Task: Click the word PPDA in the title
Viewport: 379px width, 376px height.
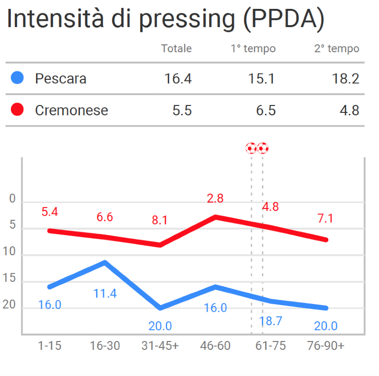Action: click(x=284, y=19)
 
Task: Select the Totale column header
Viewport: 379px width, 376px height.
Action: click(x=176, y=49)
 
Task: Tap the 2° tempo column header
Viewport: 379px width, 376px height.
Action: click(x=337, y=49)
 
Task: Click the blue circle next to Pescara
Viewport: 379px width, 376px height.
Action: click(x=17, y=78)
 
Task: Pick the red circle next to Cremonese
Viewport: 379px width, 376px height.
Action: click(x=17, y=109)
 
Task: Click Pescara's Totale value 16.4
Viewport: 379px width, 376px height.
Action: click(x=178, y=78)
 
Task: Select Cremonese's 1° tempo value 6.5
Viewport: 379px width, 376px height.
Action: click(x=266, y=110)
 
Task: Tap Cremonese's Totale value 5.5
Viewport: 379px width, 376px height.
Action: click(x=182, y=110)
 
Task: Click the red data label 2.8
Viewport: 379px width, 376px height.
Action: click(x=215, y=199)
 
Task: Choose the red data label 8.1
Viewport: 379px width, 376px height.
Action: click(x=159, y=220)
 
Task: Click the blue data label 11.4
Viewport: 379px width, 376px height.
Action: click(x=105, y=294)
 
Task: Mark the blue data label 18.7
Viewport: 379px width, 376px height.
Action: click(x=270, y=321)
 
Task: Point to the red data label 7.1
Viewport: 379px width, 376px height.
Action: click(x=325, y=218)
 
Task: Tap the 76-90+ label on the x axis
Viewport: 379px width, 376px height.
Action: click(x=325, y=345)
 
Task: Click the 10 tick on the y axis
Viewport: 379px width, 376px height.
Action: click(x=10, y=252)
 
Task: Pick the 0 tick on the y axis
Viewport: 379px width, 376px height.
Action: click(x=12, y=199)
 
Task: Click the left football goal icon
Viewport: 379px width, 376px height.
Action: click(x=251, y=148)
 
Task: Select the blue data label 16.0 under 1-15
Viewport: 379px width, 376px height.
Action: click(x=50, y=305)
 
